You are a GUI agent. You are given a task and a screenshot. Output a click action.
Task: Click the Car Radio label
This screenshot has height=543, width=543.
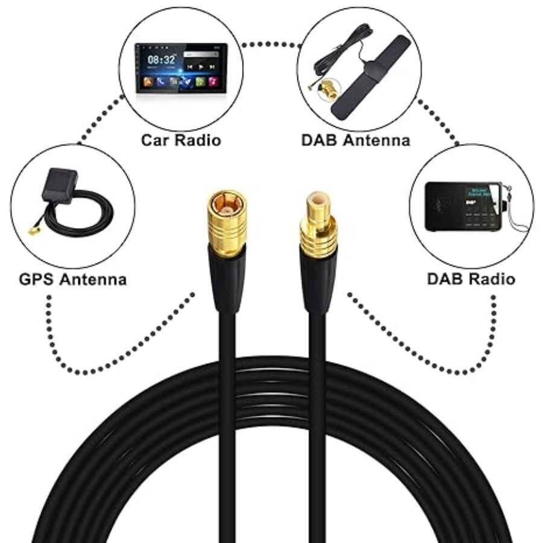point(181,140)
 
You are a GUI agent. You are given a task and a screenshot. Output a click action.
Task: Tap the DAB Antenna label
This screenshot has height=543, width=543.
point(355,140)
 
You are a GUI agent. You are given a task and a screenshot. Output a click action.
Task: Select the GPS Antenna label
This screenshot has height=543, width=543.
point(73,279)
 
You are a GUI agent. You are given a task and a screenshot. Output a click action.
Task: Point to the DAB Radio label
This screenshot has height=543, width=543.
point(471,279)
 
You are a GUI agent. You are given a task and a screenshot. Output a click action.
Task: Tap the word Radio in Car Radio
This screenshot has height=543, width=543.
point(202,140)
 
